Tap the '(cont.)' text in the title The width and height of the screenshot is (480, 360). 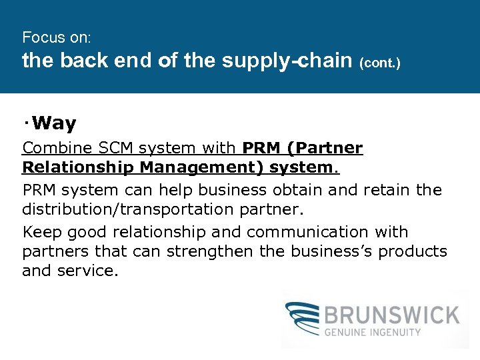[379, 64]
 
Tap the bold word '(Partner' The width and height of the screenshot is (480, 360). [327, 148]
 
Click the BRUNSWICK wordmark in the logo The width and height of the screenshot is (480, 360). [392, 315]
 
